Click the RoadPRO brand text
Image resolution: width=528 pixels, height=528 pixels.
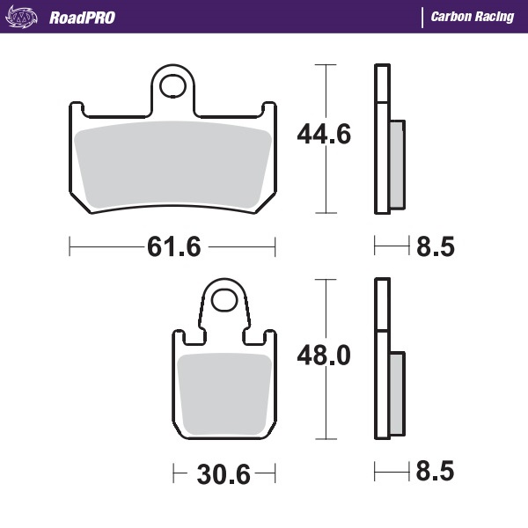coord(82,17)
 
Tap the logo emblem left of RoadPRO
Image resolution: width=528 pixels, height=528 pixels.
coord(24,17)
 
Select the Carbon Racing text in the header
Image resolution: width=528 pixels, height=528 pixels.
coord(472,17)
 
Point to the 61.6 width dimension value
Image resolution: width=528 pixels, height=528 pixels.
coord(173,247)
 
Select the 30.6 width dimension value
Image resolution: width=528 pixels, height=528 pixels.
coord(222,475)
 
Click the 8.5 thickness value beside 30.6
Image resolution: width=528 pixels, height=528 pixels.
coord(434,473)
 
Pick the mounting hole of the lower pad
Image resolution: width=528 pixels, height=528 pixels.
coord(225,303)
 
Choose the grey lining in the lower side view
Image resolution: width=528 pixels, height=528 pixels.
coord(396,392)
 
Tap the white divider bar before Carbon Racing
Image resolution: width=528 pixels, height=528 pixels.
coord(422,17)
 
